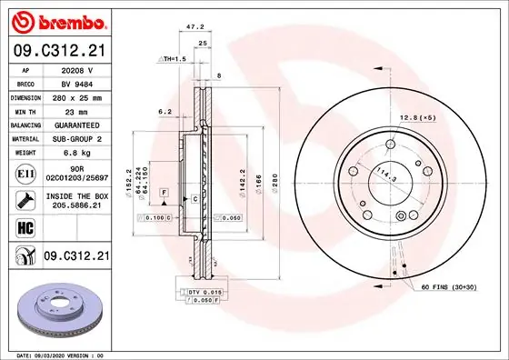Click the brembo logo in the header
tap(58, 20)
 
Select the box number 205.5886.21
tap(78, 206)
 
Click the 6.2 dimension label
tap(165, 112)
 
